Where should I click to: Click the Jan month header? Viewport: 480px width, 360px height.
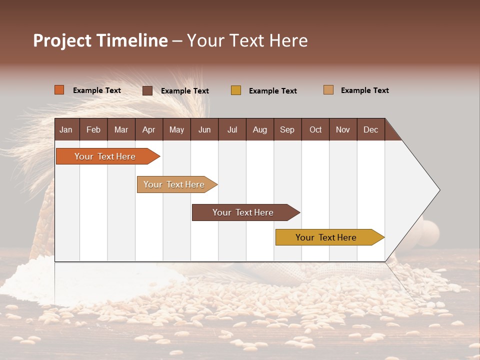(66, 129)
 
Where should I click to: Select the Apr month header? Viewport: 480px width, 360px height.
(148, 129)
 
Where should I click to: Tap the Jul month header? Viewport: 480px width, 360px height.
(232, 129)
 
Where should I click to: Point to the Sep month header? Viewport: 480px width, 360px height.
(287, 129)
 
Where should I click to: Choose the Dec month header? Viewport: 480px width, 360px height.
(370, 129)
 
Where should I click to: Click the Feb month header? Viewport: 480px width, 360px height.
(93, 129)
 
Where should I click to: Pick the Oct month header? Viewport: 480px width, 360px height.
(315, 129)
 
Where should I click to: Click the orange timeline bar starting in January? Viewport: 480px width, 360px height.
(105, 156)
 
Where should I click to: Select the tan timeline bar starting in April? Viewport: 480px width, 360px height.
(174, 184)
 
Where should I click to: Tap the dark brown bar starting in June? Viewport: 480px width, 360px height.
(243, 212)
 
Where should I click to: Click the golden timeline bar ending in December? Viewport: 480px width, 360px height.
(326, 237)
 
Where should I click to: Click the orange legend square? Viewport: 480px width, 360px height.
(59, 90)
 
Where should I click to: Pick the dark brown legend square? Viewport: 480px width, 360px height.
(147, 90)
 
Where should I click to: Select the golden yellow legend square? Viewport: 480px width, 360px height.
(236, 90)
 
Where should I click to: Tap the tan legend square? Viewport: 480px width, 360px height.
(328, 90)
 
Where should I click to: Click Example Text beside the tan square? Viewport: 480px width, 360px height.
(364, 90)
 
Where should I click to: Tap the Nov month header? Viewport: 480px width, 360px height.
(343, 129)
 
